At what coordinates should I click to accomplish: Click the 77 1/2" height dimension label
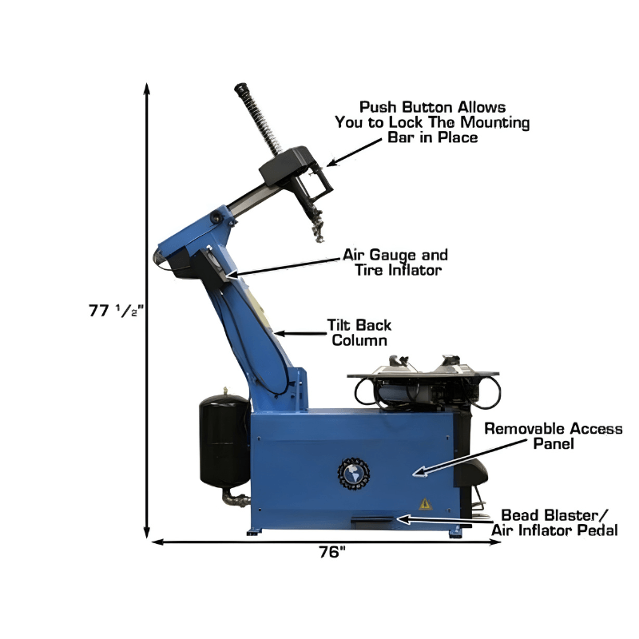point(116,311)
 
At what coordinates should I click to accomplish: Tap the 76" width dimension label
point(331,552)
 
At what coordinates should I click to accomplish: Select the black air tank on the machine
point(224,440)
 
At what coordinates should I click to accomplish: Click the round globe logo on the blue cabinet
point(354,474)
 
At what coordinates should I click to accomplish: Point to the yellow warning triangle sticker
point(425,504)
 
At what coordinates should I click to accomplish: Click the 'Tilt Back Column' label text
point(359,332)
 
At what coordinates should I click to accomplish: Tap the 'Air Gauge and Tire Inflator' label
point(395,262)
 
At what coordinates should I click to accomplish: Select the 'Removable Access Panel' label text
point(554,435)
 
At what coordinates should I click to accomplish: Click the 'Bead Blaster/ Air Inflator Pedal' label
point(554,522)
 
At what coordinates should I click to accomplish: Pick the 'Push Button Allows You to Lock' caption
point(432,122)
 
